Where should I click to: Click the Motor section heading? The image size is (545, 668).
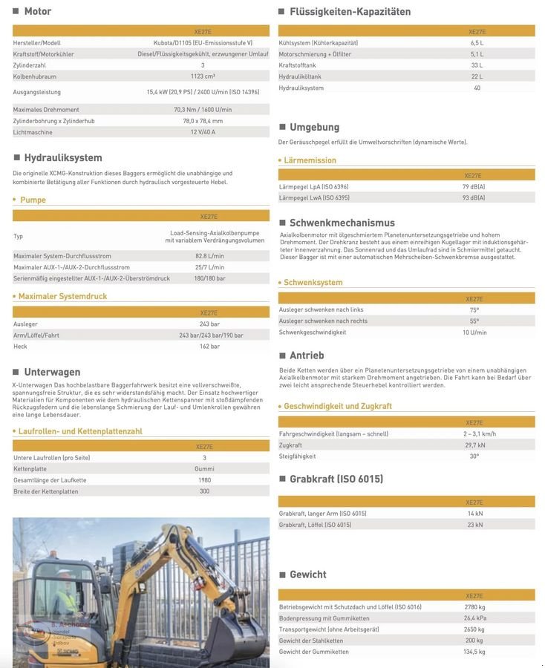[x=37, y=11]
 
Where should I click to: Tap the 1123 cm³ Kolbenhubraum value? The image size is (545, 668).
[x=203, y=76]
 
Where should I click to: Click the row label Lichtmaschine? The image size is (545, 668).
[x=33, y=132]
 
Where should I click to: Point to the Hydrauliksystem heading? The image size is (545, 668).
[x=62, y=157]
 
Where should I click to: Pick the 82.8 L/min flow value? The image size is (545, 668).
[x=209, y=256]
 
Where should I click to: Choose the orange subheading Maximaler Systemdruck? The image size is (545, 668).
[x=62, y=296]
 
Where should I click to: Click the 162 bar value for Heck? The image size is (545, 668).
[x=209, y=347]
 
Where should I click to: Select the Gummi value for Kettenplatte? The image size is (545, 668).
[x=204, y=469]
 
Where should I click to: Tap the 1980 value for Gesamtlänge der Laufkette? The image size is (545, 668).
[x=204, y=480]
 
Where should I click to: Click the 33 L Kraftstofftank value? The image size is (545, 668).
[x=477, y=65]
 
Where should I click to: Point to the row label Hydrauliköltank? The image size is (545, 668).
[x=300, y=76]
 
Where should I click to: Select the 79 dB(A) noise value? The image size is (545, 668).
[x=474, y=187]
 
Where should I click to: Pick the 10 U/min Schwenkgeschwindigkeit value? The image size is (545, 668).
[x=474, y=333]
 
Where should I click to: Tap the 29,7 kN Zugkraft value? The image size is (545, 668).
[x=475, y=445]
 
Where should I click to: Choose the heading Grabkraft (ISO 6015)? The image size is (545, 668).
[x=336, y=479]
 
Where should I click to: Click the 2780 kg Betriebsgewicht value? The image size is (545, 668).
[x=475, y=607]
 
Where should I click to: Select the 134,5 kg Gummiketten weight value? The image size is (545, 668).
[x=475, y=652]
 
